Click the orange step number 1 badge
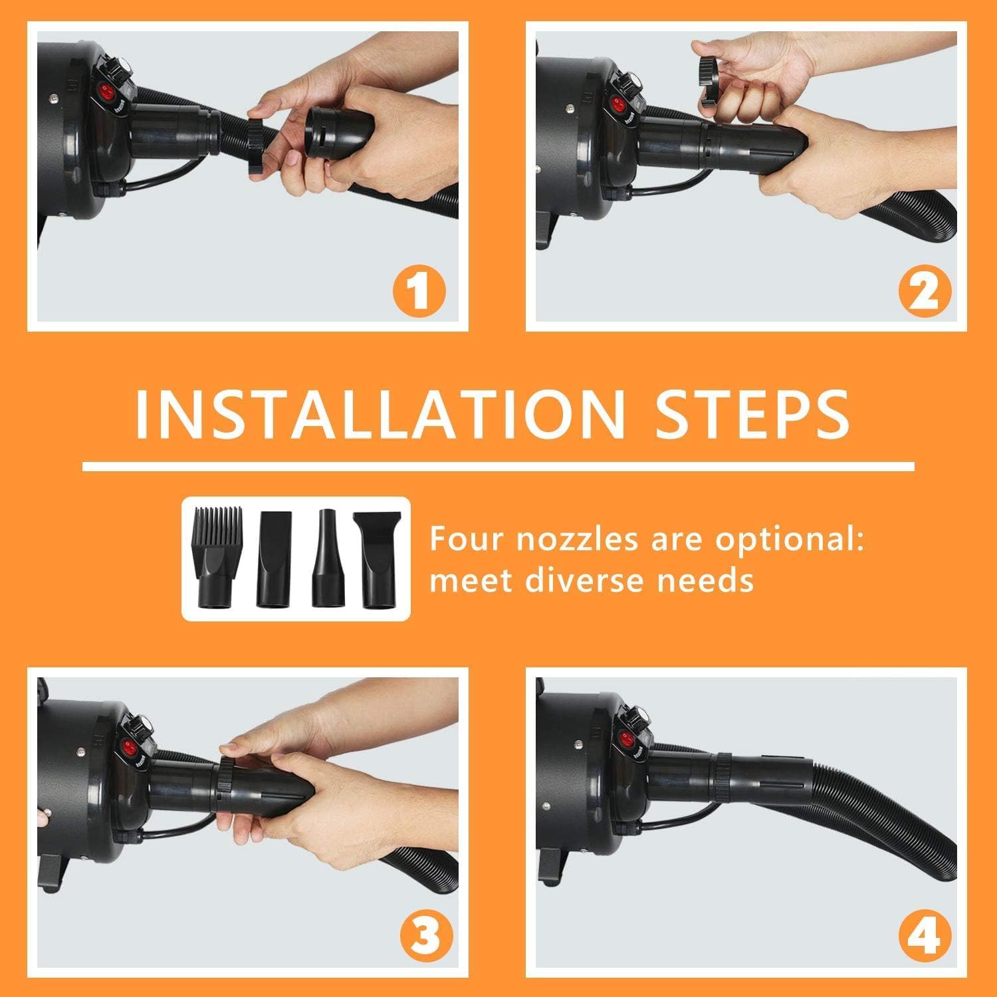418,291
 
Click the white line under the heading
498,465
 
